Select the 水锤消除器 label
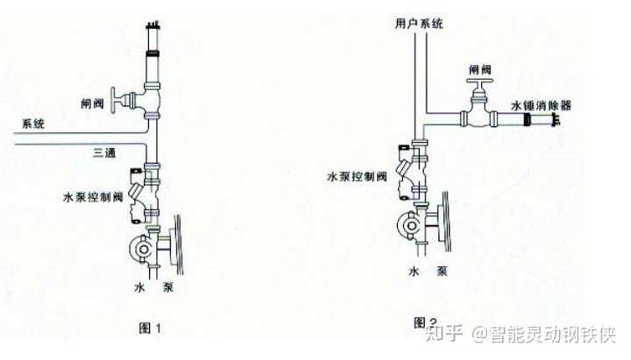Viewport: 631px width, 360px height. (541, 103)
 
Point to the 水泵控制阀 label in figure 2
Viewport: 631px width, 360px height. (357, 176)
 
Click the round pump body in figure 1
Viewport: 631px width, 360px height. (140, 246)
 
